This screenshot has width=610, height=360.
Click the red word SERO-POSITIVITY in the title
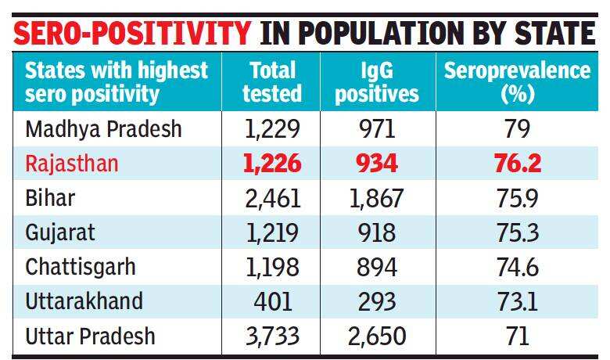tap(133, 33)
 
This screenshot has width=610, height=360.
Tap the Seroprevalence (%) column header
tap(517, 82)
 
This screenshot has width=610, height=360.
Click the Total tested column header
tap(271, 82)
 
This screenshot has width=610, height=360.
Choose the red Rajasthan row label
tap(72, 163)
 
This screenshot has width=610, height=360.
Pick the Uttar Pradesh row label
tap(90, 336)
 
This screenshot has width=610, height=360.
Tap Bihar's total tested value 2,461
tap(271, 198)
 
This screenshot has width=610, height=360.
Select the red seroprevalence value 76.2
tap(517, 164)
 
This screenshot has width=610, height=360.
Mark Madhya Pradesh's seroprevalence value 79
tap(517, 129)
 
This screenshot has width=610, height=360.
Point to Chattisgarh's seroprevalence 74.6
tap(517, 267)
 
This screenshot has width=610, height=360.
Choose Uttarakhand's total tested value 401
tap(271, 301)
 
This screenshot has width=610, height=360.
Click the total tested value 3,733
tap(271, 337)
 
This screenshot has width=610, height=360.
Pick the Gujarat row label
tap(61, 232)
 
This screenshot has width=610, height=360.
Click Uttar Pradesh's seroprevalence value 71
tap(517, 337)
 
